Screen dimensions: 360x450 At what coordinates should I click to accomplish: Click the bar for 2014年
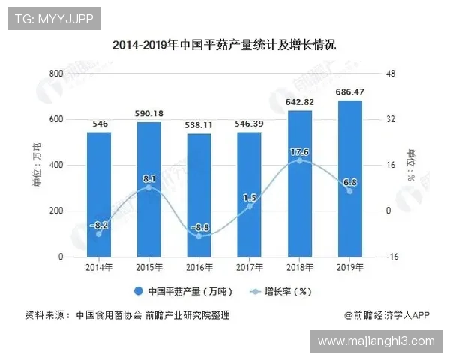click(98, 195)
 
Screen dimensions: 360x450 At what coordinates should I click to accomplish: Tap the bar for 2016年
click(199, 196)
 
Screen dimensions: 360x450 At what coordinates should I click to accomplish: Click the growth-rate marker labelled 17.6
click(299, 160)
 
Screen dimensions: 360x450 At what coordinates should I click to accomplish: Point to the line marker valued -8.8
click(199, 235)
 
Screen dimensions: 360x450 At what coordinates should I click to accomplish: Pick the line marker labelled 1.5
click(249, 206)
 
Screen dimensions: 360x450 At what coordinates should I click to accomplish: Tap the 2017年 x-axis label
click(249, 267)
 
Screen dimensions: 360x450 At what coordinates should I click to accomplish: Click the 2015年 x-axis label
click(148, 267)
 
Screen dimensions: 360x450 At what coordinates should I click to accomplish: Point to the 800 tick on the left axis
click(56, 73)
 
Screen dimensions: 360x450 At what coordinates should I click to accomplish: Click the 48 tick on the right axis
click(390, 73)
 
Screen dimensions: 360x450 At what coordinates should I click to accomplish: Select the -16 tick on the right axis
click(391, 256)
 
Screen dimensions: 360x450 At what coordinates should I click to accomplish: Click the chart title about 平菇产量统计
click(224, 45)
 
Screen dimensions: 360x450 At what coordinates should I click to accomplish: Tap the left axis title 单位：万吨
click(37, 165)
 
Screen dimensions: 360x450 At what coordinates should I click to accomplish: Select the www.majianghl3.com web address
click(376, 341)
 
